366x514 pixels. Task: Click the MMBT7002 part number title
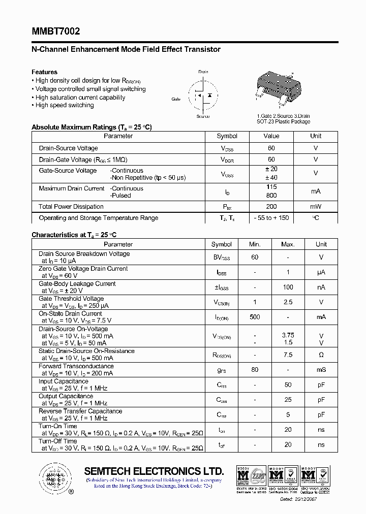[x=55, y=31]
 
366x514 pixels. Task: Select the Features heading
[x=45, y=72]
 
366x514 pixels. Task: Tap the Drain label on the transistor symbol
[x=203, y=72]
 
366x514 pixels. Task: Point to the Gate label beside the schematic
[x=176, y=99]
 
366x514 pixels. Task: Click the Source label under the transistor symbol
[x=203, y=117]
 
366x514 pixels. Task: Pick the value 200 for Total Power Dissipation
[x=271, y=207]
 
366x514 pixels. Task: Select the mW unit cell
[x=316, y=207]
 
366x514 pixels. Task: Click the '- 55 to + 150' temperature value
[x=271, y=218]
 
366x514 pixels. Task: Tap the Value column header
[x=271, y=136]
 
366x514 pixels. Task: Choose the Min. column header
[x=255, y=244]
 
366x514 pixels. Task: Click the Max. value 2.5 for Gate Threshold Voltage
[x=288, y=302]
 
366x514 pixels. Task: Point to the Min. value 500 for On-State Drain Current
[x=255, y=317]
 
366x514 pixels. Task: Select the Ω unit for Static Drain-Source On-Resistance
[x=321, y=355]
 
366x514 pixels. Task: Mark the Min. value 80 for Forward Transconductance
[x=255, y=370]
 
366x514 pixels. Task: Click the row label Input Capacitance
[x=64, y=381]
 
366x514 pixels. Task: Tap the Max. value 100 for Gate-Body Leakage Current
[x=288, y=287]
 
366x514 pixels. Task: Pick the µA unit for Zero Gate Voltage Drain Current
[x=321, y=272]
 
